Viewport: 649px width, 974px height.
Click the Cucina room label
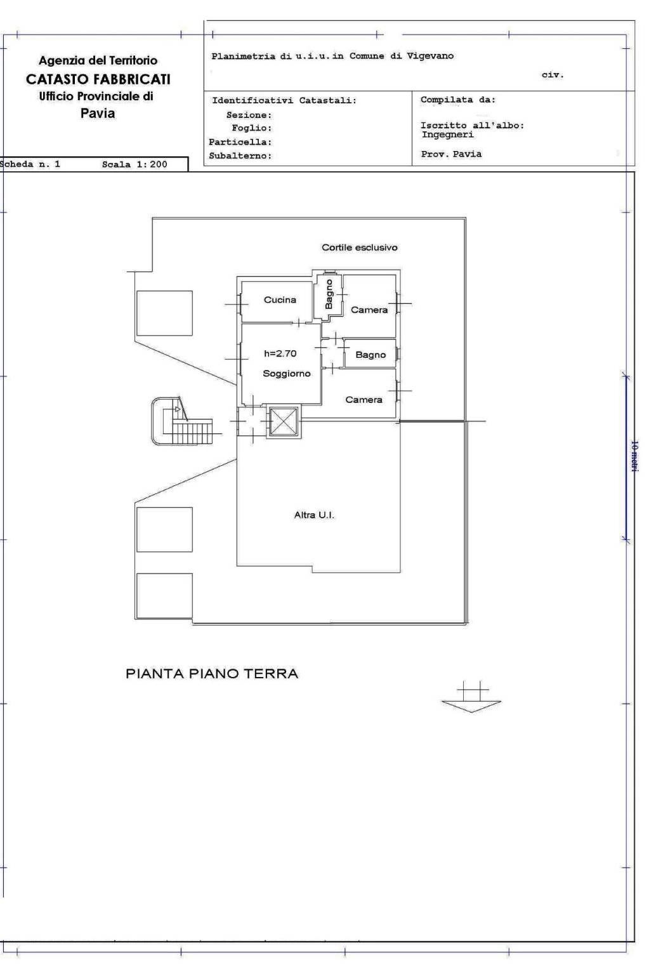[280, 299]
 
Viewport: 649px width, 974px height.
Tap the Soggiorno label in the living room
[287, 374]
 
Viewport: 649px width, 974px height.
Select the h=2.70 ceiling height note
[280, 353]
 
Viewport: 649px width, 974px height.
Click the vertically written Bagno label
[329, 294]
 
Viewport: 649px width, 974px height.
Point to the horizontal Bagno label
[370, 355]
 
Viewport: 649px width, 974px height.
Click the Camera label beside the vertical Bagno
[369, 310]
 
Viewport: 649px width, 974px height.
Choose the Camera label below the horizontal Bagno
[364, 400]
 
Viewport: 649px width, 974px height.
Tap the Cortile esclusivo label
[360, 247]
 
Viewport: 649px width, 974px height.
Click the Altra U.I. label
[314, 515]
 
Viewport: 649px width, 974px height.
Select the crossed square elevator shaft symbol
[284, 421]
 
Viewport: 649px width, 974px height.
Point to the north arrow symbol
[471, 697]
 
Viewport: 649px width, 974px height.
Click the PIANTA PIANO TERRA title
[212, 674]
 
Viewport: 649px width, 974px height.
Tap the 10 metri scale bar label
[634, 456]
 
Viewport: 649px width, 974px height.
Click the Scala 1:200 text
[134, 164]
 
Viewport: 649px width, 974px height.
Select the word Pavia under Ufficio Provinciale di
[98, 114]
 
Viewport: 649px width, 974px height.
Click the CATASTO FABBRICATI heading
[98, 79]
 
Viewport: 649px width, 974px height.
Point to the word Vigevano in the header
[430, 56]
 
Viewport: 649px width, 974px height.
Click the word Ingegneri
[448, 135]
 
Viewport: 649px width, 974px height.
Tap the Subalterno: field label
[240, 155]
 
